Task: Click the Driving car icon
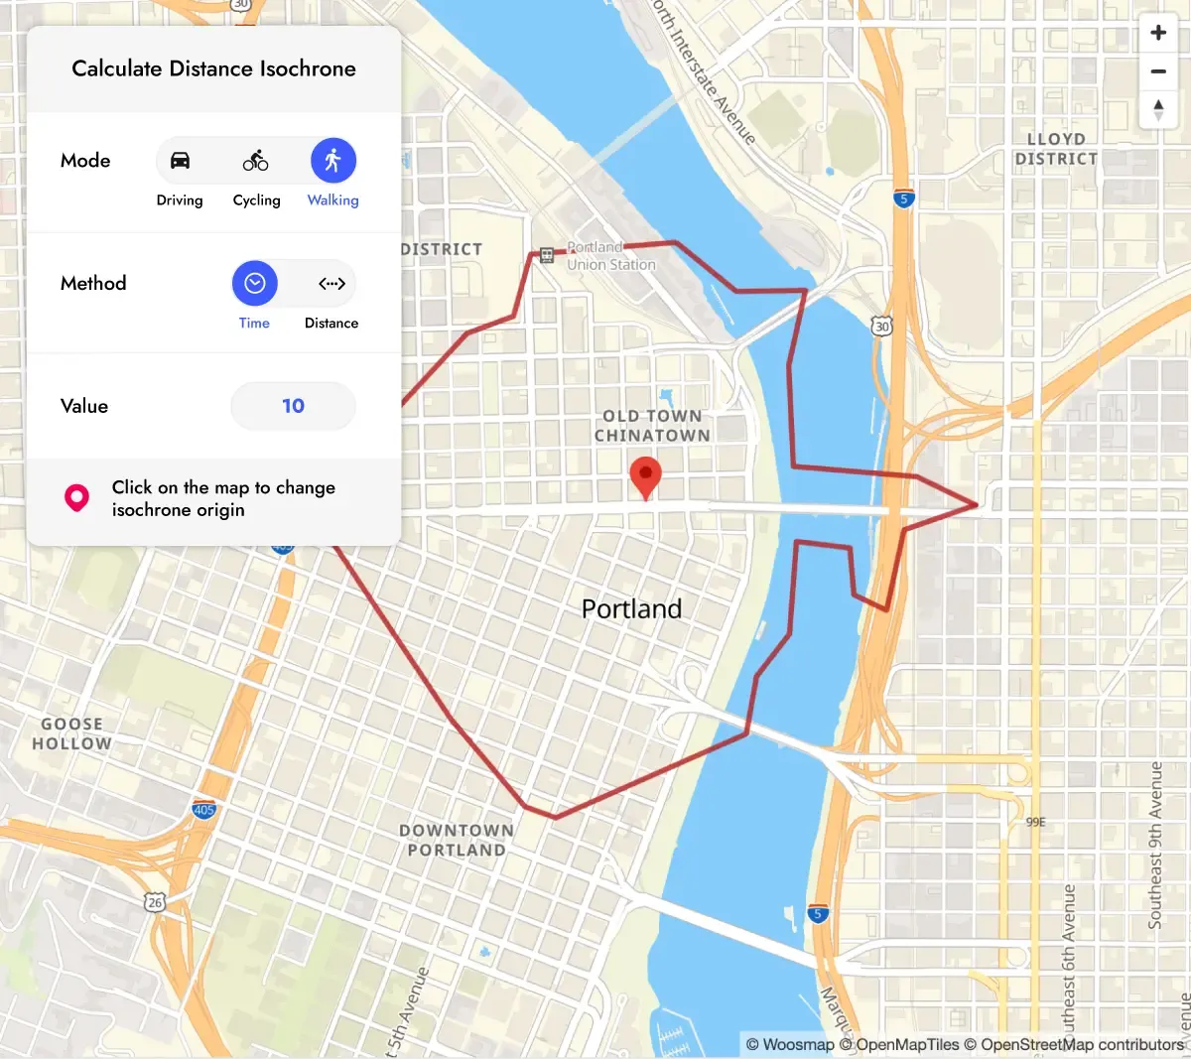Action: coord(180,161)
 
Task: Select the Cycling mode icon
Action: coord(256,161)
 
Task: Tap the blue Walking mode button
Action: coord(333,161)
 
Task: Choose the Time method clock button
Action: coord(255,284)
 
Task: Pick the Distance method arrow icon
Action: coord(331,284)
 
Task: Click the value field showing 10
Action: coord(293,406)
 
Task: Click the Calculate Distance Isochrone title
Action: coord(213,68)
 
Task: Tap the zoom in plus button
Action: coord(1158,33)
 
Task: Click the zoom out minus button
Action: coord(1158,71)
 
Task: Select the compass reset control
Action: coord(1158,109)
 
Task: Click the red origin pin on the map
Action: coord(645,476)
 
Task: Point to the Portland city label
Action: coord(631,608)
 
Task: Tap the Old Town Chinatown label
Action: coord(652,426)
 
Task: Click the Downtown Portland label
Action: coord(457,840)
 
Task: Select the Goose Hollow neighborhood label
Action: coord(71,733)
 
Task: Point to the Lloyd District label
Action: coord(1056,149)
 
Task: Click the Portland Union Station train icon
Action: coord(547,255)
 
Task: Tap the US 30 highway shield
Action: coord(881,326)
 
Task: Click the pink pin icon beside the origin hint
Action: coord(76,498)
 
